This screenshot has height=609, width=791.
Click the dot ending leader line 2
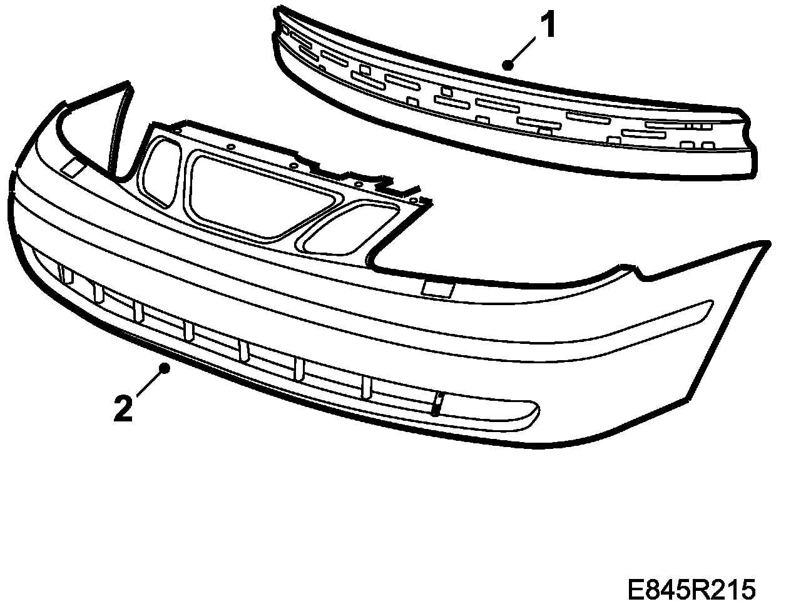165,368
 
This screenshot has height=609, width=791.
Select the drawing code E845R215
691,589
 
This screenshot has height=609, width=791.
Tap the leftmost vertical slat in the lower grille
63,273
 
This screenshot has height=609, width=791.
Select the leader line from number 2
149,383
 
